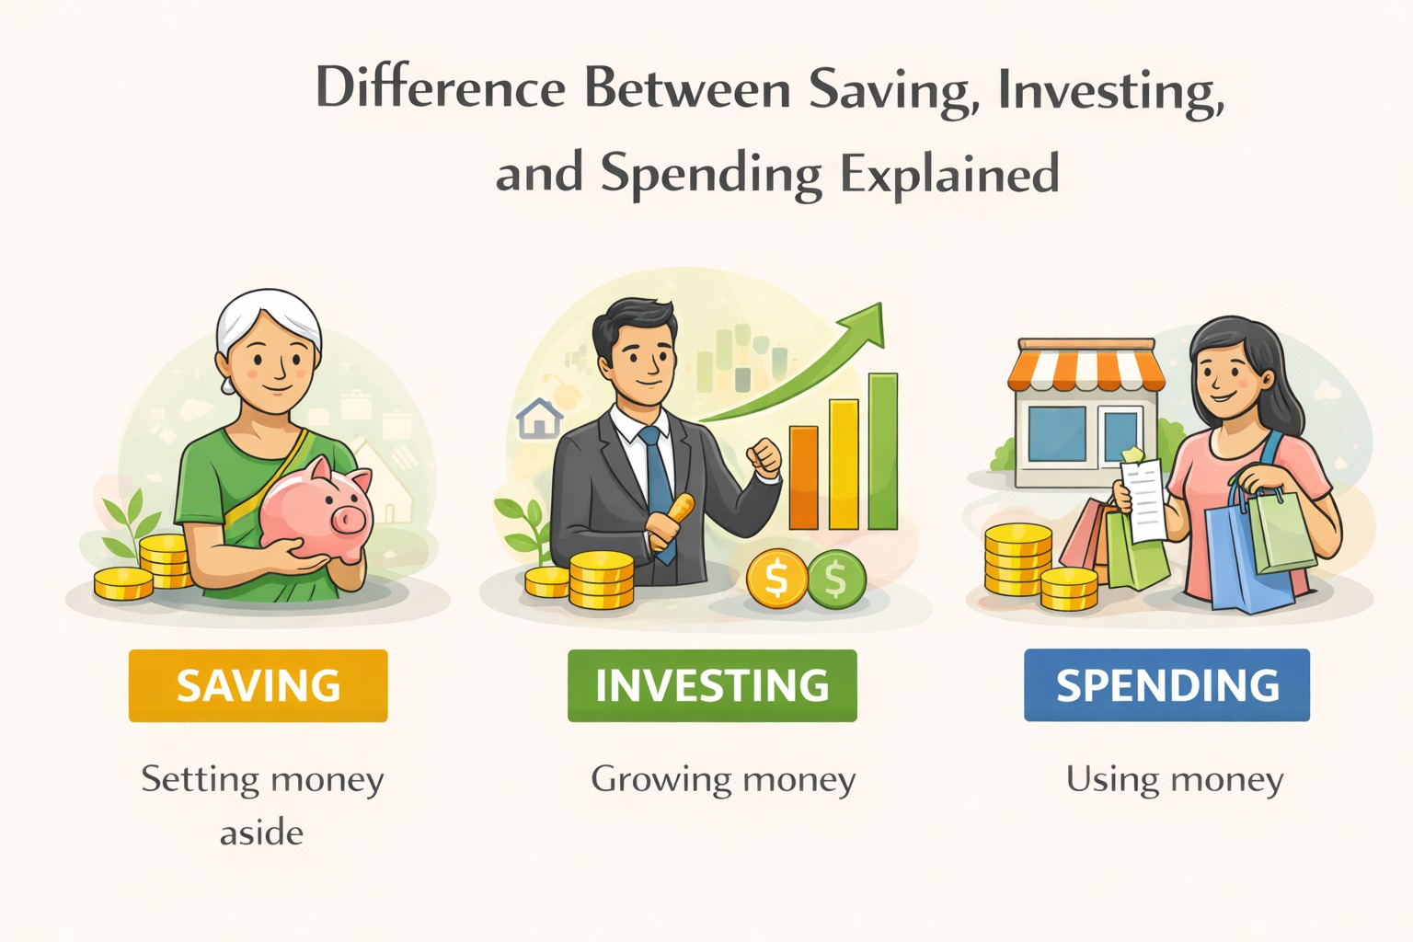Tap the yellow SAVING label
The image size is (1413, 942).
click(x=258, y=685)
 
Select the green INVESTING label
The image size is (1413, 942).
click(x=712, y=685)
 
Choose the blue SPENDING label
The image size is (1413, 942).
click(x=1166, y=685)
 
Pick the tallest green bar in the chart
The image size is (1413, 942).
click(x=883, y=451)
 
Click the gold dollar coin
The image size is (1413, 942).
click(x=776, y=579)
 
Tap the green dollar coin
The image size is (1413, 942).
click(x=835, y=579)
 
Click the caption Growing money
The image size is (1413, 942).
click(x=723, y=780)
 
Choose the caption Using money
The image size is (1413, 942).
click(x=1175, y=780)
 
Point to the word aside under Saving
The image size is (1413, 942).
click(x=261, y=833)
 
